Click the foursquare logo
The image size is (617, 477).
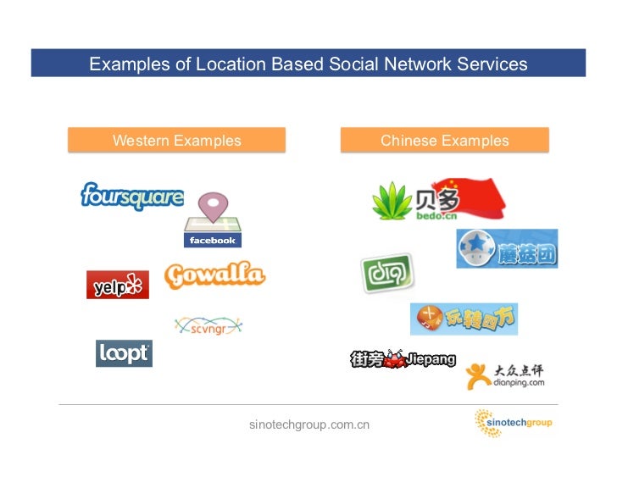point(131,197)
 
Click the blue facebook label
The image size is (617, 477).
point(213,241)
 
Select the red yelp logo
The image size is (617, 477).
point(117,285)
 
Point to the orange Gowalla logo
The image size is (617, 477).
point(214,276)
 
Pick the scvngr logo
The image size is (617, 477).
point(208,325)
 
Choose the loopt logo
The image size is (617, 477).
point(124,353)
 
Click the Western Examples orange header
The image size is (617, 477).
point(176,141)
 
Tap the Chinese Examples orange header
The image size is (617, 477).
point(444,141)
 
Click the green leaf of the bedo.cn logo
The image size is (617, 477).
point(392,202)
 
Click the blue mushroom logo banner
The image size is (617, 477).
point(507,248)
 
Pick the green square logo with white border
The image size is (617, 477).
point(386,274)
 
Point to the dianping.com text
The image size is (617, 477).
point(519,382)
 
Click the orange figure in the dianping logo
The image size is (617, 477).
point(478,375)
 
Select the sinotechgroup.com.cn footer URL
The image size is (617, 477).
point(309,424)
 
